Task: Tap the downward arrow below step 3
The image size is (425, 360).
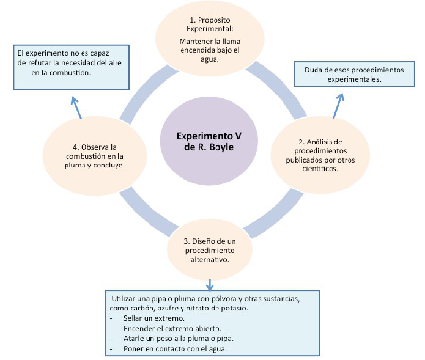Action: point(210,284)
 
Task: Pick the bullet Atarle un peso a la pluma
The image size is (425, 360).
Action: point(166,338)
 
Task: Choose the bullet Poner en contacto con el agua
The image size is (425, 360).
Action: point(167,348)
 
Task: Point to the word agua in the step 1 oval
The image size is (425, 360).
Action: point(209,60)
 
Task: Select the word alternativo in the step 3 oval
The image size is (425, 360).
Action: point(210,259)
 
